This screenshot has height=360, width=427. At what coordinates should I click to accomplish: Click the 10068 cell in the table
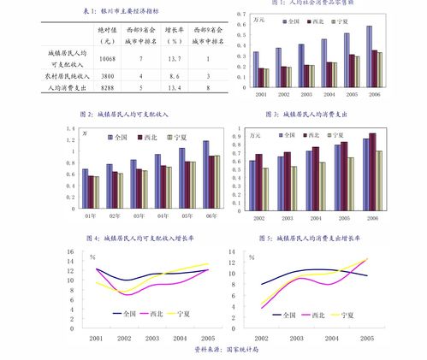[x=107, y=58]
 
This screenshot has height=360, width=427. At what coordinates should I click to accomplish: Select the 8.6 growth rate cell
[x=175, y=76]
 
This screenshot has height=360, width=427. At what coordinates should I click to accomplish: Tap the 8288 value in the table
[x=107, y=88]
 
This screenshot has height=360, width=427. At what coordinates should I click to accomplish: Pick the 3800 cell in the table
[x=107, y=76]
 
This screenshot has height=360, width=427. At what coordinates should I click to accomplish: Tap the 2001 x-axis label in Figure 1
[x=261, y=93]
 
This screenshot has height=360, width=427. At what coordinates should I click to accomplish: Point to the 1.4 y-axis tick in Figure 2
[x=71, y=128]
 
